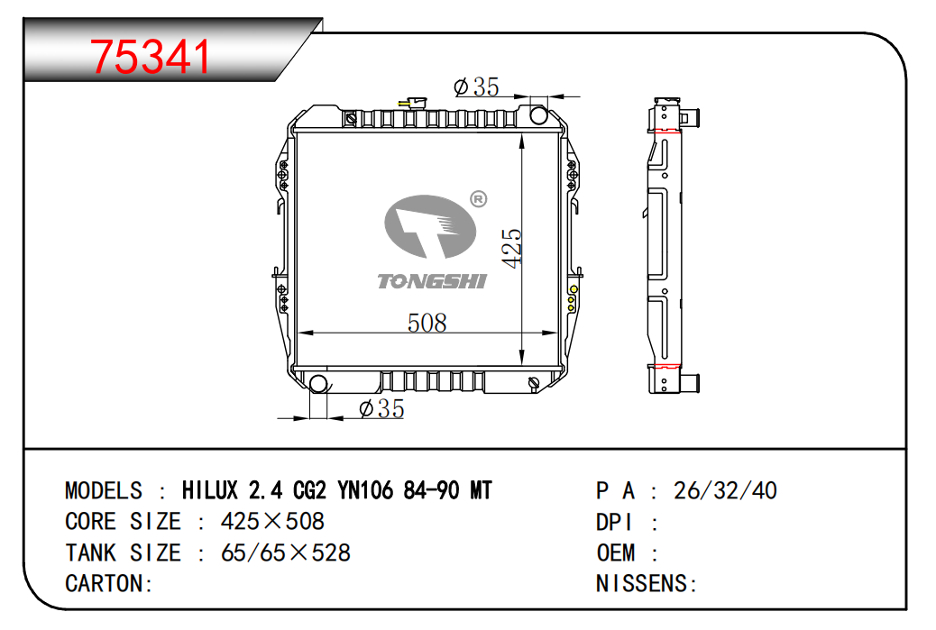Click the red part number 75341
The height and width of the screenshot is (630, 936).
151,58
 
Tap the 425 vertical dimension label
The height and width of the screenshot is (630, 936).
512,248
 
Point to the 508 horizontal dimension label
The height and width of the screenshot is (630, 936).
427,323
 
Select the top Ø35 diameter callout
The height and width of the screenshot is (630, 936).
476,87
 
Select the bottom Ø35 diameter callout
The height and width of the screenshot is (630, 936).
382,408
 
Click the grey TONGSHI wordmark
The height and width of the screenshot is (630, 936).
432,281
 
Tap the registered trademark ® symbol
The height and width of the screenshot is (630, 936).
479,198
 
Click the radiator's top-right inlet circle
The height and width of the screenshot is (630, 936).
538,114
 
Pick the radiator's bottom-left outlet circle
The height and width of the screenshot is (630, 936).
318,384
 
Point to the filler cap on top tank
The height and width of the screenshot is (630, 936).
413,104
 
